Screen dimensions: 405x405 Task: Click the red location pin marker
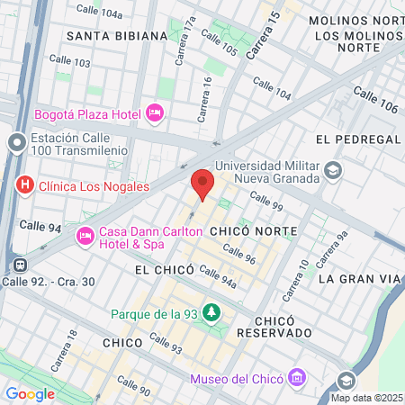[x=202, y=184]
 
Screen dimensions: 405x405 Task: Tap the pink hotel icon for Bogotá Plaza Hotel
[x=154, y=114]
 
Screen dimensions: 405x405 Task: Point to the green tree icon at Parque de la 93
[x=211, y=312]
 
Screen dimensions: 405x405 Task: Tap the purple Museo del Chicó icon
[x=293, y=379]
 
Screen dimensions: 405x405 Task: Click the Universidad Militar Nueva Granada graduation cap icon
[x=333, y=170]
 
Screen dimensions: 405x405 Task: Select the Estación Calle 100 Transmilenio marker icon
[x=16, y=143]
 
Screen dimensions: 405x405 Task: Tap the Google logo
[x=30, y=393]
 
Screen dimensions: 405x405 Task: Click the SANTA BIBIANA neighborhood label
[x=117, y=35]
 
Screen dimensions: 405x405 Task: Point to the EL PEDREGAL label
[x=357, y=139]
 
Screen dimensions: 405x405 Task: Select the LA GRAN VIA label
[x=358, y=279]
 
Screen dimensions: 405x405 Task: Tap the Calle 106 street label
[x=375, y=98]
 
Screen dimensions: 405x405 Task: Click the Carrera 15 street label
[x=263, y=35]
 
